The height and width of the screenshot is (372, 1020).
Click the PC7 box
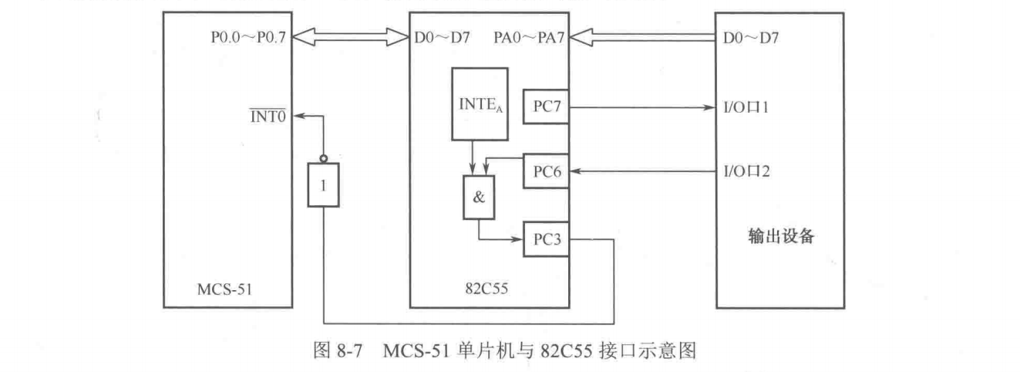click(x=546, y=106)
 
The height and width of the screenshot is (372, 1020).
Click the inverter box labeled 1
click(x=324, y=184)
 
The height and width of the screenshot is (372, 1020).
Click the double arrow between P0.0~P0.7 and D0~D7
click(x=352, y=36)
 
